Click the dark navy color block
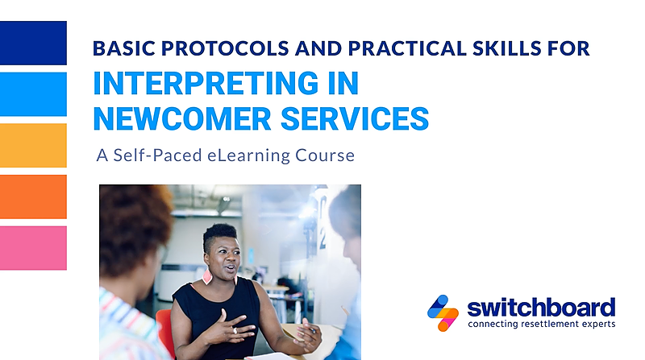tap(33, 43)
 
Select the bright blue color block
tap(33, 94)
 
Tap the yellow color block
tap(33, 146)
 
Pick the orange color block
tap(33, 197)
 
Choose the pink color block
tap(33, 248)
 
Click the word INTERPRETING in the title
tap(206, 84)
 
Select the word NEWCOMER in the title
tap(182, 118)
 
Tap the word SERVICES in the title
tap(355, 118)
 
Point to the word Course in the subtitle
tap(325, 155)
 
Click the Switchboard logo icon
tap(443, 313)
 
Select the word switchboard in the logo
tap(541, 308)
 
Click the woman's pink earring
tap(207, 276)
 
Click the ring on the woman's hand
tap(235, 331)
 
